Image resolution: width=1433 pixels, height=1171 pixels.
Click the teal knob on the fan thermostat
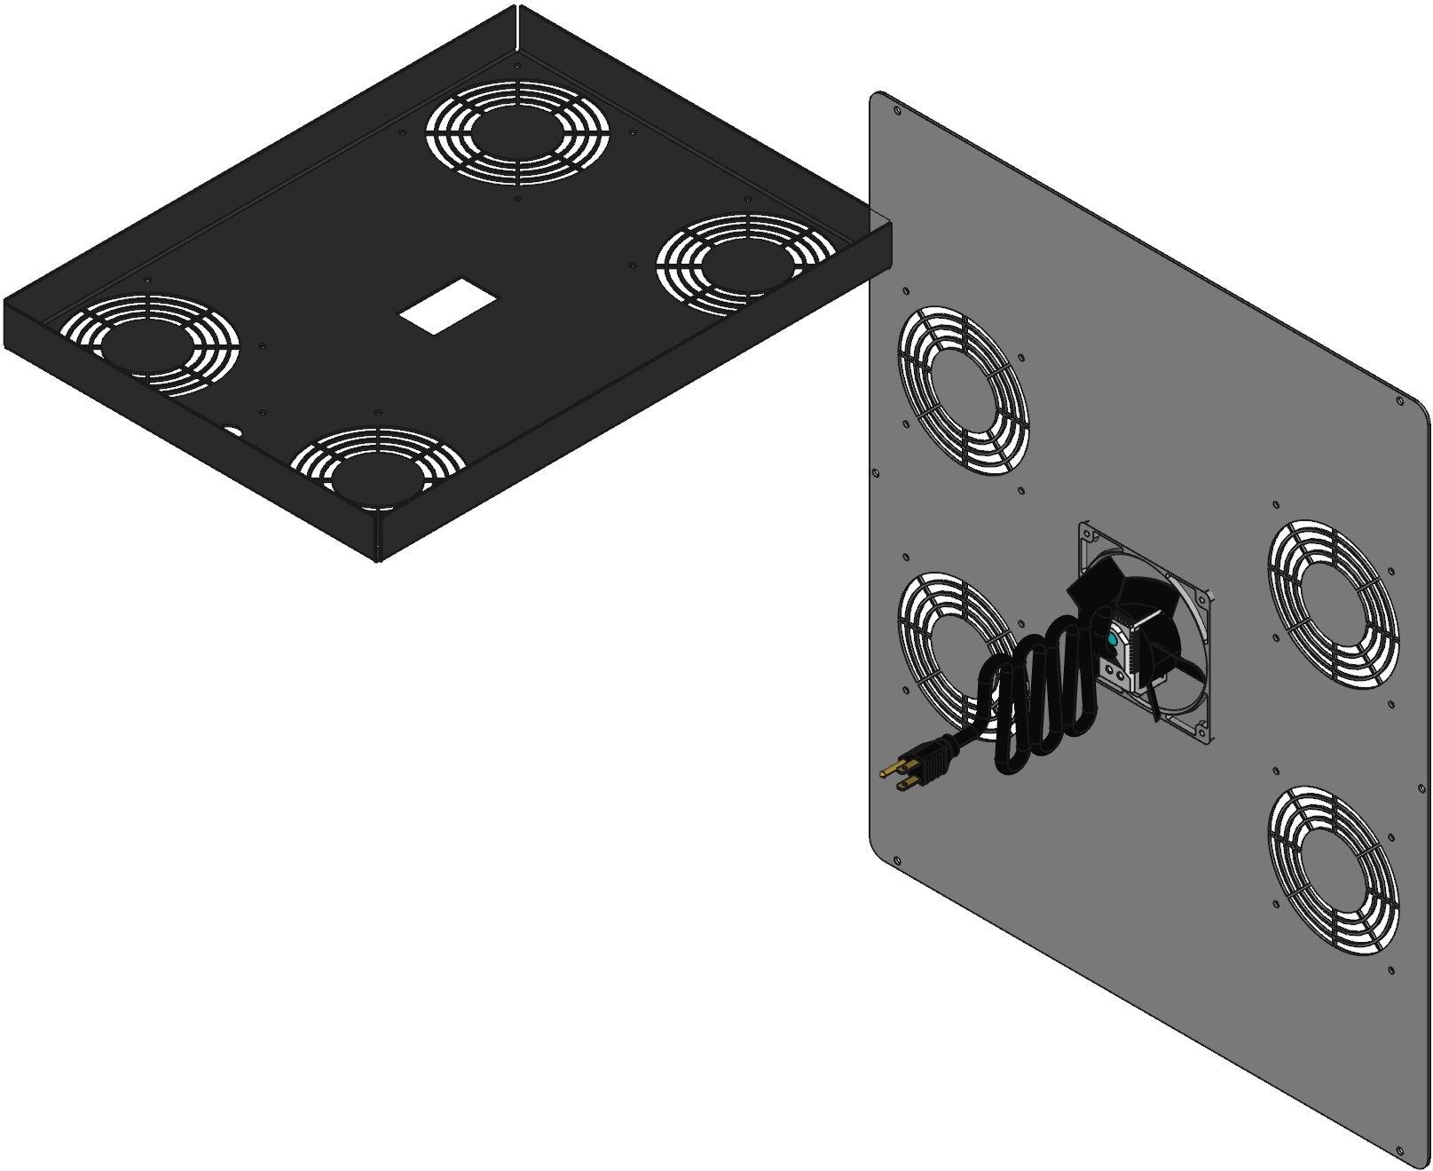[1112, 638]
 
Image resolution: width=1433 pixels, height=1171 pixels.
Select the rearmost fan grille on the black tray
[517, 133]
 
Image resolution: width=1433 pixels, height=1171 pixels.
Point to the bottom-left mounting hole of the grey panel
[896, 859]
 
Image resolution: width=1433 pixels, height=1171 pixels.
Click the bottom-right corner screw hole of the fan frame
[1201, 730]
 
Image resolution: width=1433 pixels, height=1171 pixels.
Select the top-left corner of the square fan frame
[1084, 530]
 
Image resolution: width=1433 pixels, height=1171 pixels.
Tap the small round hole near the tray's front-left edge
[233, 432]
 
